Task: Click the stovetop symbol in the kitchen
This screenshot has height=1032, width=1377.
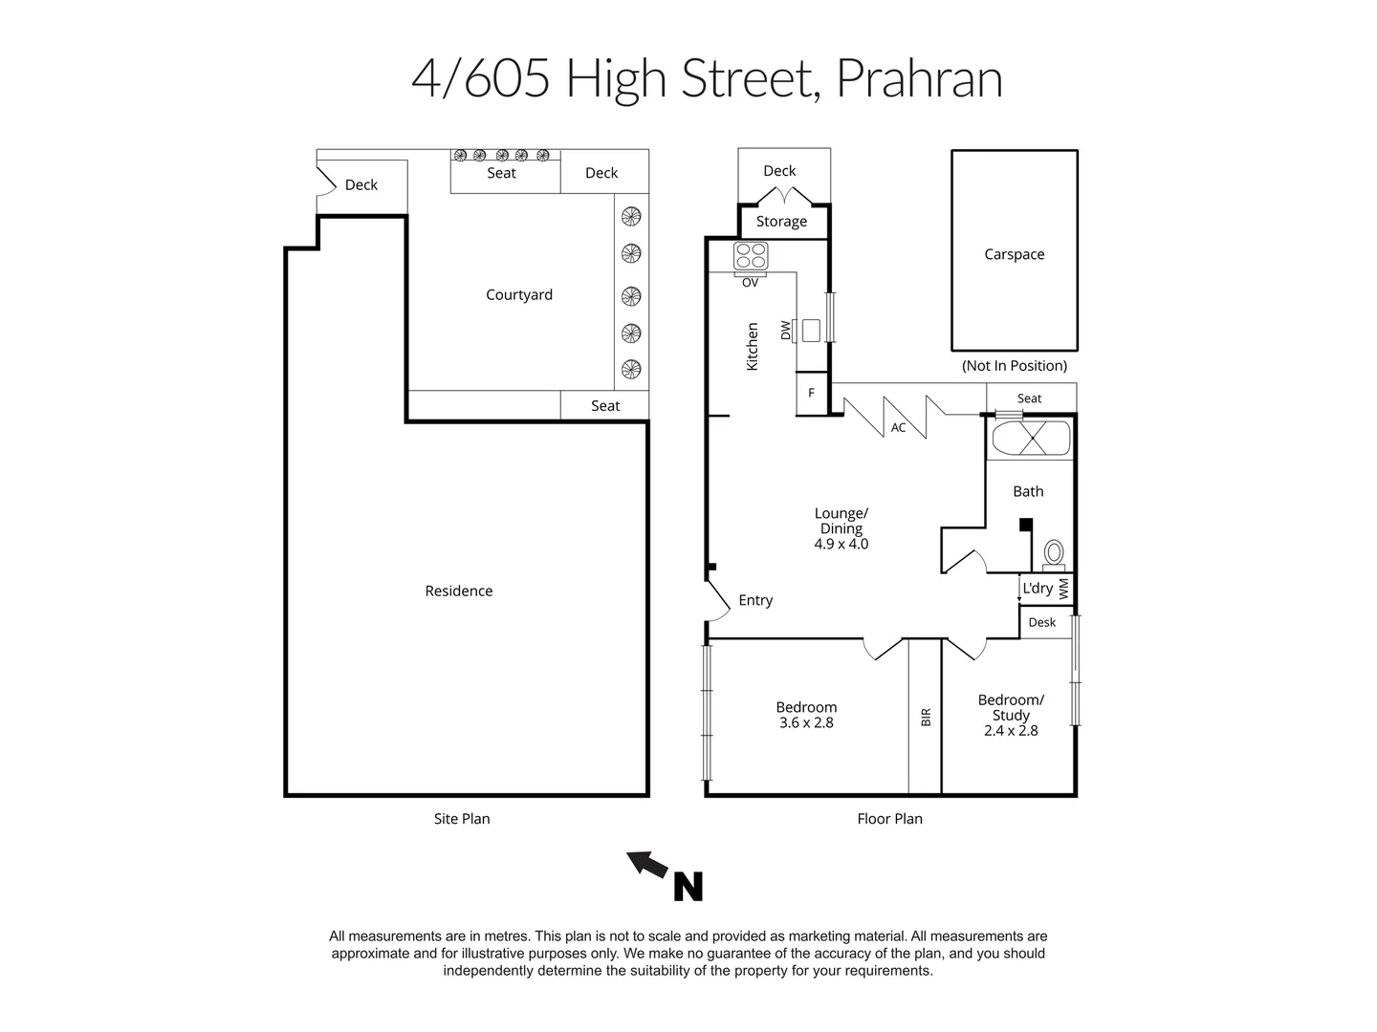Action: [x=751, y=256]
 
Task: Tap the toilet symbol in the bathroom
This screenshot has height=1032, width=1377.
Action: [x=1053, y=553]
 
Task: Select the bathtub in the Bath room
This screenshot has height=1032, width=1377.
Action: [x=1030, y=440]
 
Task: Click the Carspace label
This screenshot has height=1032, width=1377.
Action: [x=1014, y=254]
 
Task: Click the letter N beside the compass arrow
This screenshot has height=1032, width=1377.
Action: [x=688, y=887]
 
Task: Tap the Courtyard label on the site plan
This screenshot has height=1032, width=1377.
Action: [x=518, y=294]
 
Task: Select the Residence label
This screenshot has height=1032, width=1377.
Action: [x=458, y=591]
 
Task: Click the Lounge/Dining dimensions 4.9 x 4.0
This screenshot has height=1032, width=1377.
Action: [x=841, y=545]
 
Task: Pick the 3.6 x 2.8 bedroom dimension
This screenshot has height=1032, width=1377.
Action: [x=806, y=723]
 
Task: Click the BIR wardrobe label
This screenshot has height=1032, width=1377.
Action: [x=926, y=717]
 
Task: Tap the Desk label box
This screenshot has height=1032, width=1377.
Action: [x=1042, y=622]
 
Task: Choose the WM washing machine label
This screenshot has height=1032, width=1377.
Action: [x=1063, y=589]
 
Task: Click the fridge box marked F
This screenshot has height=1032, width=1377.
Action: [x=812, y=393]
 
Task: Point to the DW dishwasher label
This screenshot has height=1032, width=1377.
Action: [x=786, y=331]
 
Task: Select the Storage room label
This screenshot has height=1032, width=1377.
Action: [x=781, y=221]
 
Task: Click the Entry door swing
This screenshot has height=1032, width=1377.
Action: [x=716, y=599]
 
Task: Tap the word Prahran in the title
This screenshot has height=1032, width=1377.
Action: [x=919, y=78]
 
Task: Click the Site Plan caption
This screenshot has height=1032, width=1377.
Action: [x=461, y=818]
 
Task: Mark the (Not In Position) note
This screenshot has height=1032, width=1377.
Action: [x=1014, y=365]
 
